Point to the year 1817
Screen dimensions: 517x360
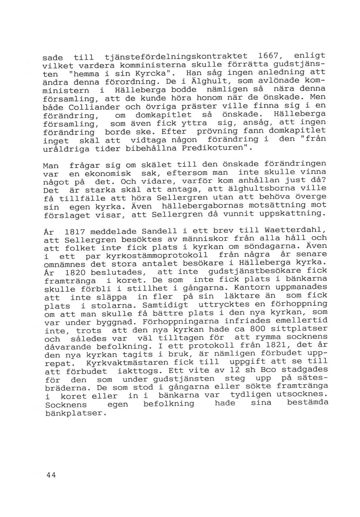coord(75,232)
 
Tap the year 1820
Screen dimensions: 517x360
coord(75,273)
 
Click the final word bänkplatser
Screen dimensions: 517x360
coord(76,413)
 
